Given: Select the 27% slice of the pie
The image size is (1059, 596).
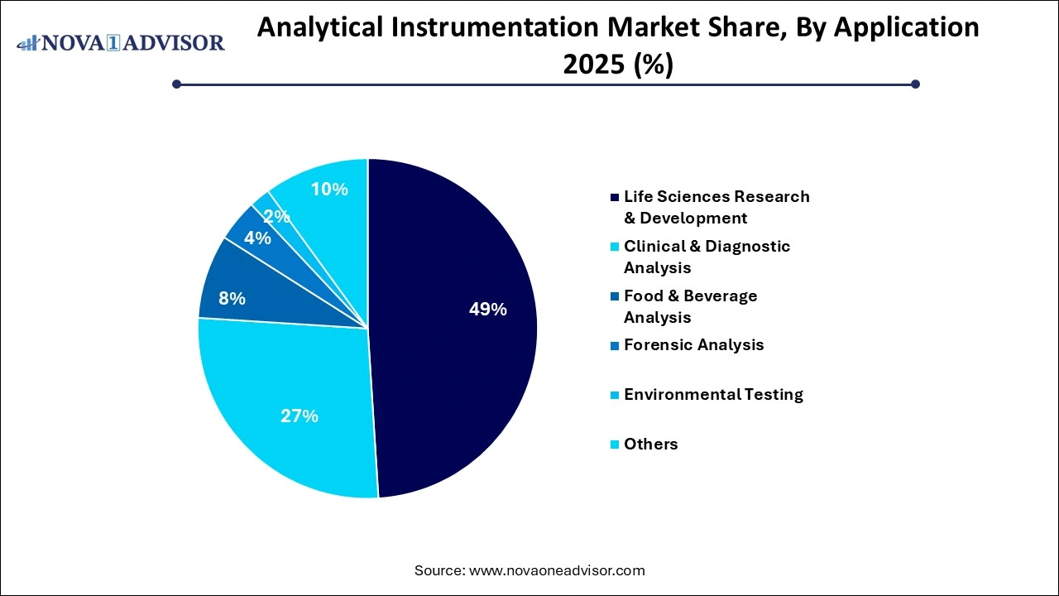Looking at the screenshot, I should point(290,406).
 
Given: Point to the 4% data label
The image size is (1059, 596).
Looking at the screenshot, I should point(257,238).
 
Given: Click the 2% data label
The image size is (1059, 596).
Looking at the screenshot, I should point(276,217).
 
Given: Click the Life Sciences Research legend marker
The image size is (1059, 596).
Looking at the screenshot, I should point(614,197).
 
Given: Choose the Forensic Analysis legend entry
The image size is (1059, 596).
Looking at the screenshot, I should point(693,344).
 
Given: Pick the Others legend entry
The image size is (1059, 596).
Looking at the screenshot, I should point(650,444).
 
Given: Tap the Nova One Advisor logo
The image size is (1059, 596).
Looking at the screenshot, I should point(121,42).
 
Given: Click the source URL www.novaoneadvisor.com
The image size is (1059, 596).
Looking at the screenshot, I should point(556,570).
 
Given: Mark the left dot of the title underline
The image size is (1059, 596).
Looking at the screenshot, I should point(176,84).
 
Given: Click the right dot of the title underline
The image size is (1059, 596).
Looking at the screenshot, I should point(915,84).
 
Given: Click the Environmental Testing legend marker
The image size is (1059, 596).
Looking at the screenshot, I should point(614,395).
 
